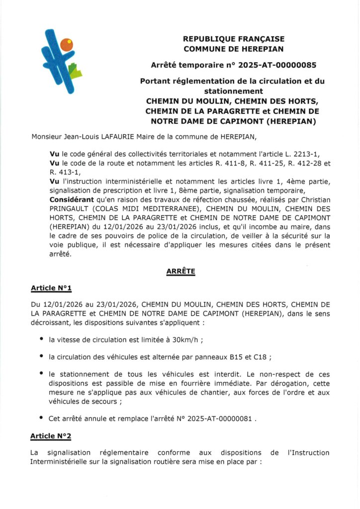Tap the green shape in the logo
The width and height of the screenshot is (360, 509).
75,72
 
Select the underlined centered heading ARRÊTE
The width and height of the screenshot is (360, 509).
180,271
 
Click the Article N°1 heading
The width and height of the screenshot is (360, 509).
51,288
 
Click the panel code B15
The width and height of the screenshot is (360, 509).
239,356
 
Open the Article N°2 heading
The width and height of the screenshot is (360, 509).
51,436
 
